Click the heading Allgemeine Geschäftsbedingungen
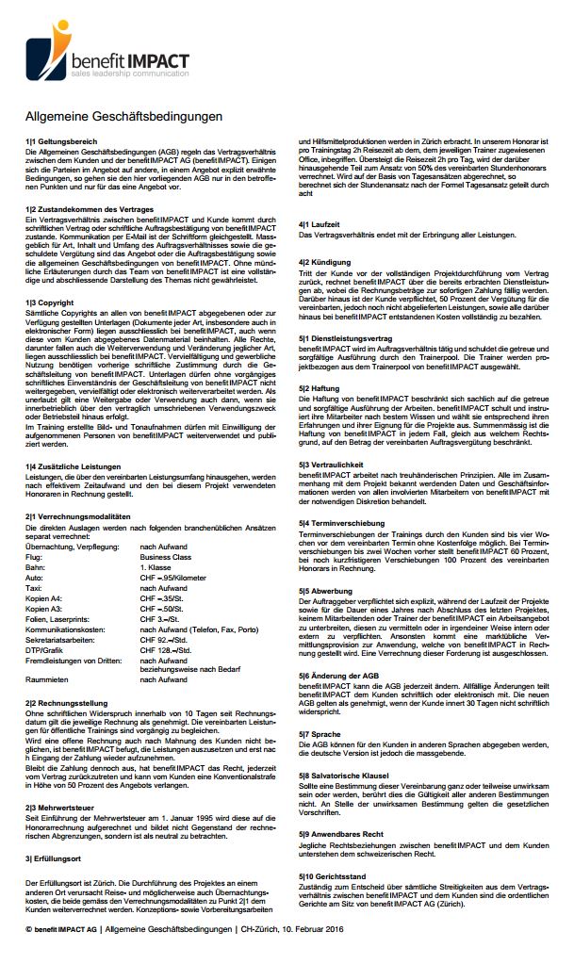tap(123, 117)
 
